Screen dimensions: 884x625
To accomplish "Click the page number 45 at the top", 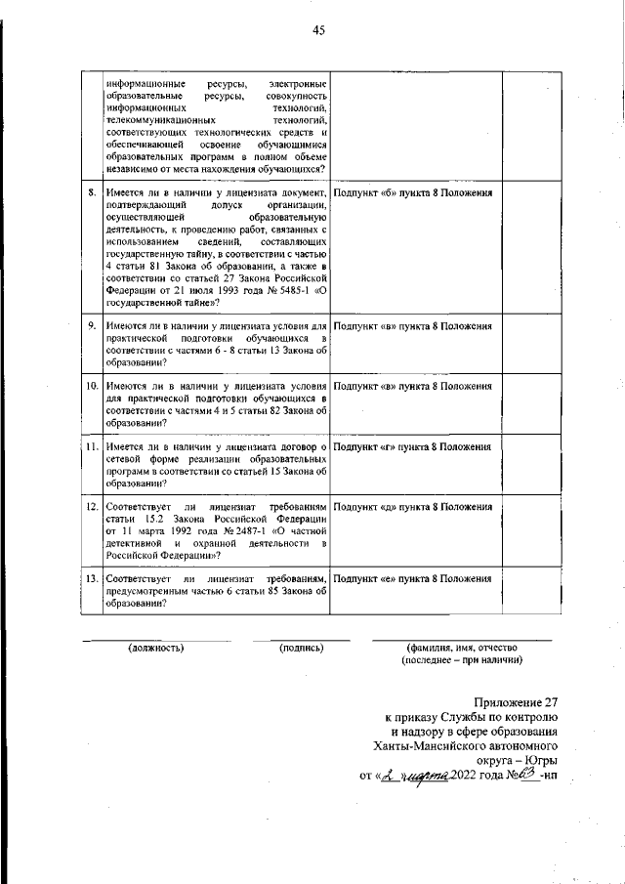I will click(318, 30).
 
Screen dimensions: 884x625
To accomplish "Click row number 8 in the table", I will click(91, 192).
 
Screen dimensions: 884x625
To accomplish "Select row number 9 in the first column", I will click(91, 325).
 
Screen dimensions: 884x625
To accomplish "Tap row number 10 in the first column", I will click(91, 387).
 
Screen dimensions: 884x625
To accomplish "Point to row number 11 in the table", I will click(91, 446).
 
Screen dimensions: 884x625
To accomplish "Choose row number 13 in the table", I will click(91, 579).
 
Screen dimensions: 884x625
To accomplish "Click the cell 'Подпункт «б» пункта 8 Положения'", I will click(412, 192).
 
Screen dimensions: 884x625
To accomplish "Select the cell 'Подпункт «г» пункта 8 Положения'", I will click(412, 446).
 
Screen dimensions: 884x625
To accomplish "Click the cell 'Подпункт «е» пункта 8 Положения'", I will click(412, 579).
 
